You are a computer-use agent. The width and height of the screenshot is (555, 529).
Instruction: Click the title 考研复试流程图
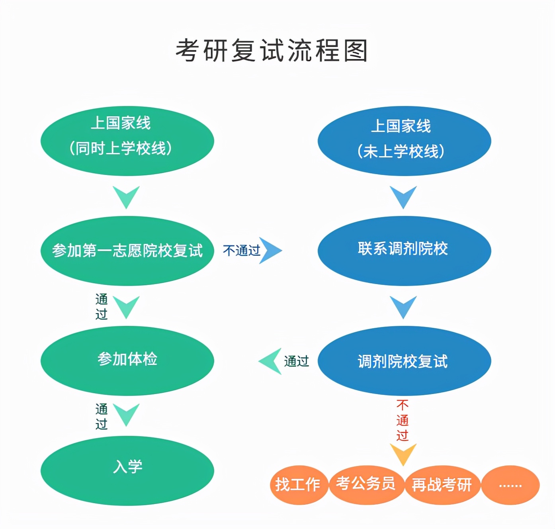point(272,51)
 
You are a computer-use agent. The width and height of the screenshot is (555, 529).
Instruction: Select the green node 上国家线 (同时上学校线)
point(127,141)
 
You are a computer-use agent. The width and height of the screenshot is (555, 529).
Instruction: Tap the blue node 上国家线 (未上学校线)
point(404,141)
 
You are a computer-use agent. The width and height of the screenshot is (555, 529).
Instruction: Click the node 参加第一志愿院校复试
point(127,251)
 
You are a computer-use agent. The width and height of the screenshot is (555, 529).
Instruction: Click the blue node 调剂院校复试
point(404,361)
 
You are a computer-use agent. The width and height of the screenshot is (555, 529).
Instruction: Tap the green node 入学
point(127,470)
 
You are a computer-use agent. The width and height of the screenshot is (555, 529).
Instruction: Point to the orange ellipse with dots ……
point(510,485)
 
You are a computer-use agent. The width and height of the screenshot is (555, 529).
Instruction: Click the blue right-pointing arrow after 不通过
point(271,251)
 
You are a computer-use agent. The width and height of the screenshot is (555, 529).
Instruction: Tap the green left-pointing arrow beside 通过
point(271,361)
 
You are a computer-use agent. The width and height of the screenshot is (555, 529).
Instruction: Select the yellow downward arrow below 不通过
point(403,454)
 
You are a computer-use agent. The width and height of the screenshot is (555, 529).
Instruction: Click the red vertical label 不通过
point(403,420)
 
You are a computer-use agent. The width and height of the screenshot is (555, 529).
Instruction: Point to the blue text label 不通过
point(241,251)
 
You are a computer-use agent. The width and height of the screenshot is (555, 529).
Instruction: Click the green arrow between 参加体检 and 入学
point(126,414)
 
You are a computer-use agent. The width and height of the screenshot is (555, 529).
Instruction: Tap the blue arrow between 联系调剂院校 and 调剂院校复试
point(403,307)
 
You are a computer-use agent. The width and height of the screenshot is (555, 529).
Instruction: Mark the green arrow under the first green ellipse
point(126,197)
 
